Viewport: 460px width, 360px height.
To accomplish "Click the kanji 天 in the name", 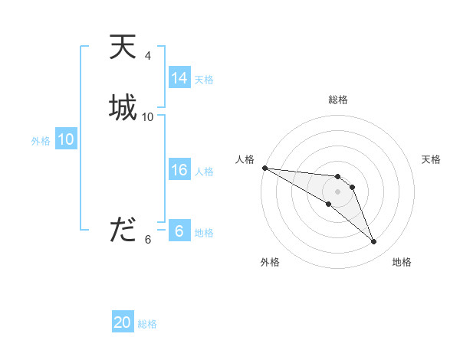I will (123, 47).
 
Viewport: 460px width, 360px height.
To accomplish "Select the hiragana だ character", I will (123, 230).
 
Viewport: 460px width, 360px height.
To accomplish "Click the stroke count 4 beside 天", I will (147, 56).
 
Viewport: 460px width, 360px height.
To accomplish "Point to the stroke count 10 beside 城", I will (148, 116).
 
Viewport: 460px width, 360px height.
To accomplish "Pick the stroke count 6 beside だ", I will (148, 240).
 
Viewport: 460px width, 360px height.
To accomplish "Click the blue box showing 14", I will (179, 78).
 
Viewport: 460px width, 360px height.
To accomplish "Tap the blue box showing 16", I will (179, 170).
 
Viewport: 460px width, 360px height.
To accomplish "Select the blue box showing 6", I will (179, 231).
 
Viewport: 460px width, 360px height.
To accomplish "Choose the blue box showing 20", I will (123, 322).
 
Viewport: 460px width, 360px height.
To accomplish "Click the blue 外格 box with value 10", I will (66, 139).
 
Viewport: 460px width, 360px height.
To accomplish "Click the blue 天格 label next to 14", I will (204, 80).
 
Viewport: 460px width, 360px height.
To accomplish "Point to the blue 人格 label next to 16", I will (204, 172).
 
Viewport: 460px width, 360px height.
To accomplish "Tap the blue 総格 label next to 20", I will (147, 324).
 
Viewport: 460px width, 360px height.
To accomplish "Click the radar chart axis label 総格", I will (337, 100).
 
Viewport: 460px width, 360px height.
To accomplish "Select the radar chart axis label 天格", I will (432, 159).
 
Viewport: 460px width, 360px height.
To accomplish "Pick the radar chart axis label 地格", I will (402, 262).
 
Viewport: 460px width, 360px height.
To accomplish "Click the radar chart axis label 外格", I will (270, 262).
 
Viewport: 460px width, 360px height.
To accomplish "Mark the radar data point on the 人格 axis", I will (264, 167).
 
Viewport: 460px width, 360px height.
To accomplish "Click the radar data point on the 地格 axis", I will (374, 242).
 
